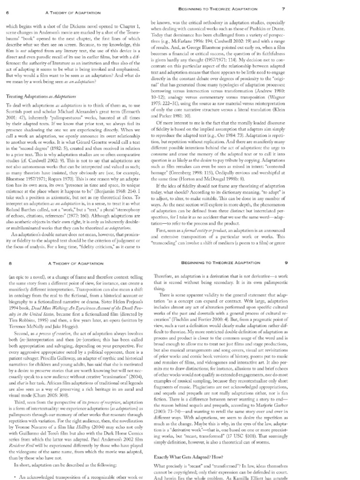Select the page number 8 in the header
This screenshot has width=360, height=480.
click(x=11, y=264)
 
